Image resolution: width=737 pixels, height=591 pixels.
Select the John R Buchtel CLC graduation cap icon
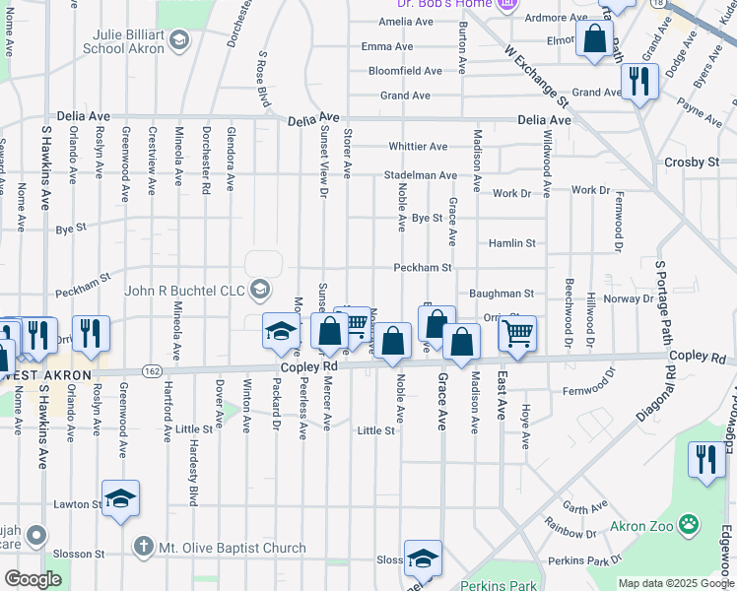click(260, 290)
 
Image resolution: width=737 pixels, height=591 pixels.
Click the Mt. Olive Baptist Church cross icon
click(143, 547)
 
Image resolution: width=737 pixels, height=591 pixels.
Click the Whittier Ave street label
click(418, 147)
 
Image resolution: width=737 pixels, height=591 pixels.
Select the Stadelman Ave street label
click(421, 175)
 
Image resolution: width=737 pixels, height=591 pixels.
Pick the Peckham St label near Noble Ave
click(422, 267)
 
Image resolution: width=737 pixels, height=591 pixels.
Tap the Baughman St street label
click(501, 294)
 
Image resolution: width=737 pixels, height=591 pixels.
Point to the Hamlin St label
click(511, 242)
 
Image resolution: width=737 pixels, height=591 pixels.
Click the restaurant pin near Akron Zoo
click(705, 460)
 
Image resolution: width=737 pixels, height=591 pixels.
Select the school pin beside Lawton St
click(120, 498)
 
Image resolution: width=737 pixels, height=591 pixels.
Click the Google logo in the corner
click(33, 579)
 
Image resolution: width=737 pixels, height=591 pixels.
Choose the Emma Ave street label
click(387, 46)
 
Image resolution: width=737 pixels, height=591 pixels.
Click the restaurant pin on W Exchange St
click(639, 83)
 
